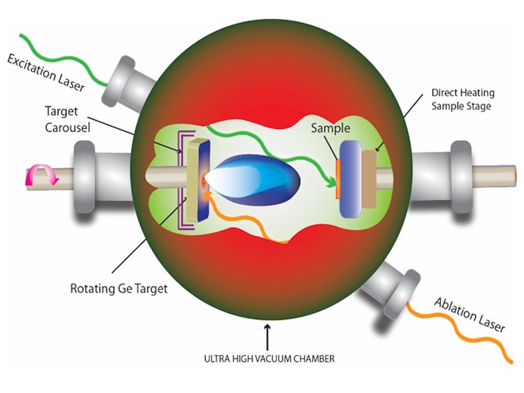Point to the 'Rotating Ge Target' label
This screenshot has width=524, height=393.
coord(119,289)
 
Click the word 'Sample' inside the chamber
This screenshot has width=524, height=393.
coord(330,127)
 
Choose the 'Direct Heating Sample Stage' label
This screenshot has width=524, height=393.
coord(463,99)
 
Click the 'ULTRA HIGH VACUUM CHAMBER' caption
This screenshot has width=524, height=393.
coord(268,359)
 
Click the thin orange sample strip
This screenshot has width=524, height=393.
coord(338,179)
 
